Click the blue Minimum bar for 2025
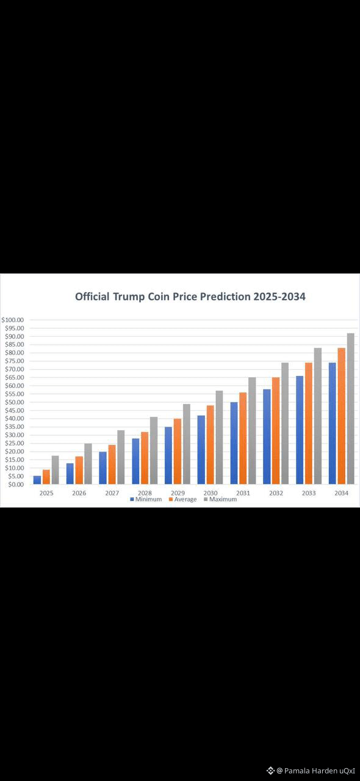tap(37, 480)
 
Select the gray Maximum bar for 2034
tap(351, 409)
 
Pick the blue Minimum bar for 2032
tap(267, 436)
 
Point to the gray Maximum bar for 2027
tap(121, 457)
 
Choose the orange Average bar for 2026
tap(79, 470)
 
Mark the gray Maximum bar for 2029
tap(187, 444)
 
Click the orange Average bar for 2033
tap(309, 423)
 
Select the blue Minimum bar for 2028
tap(135, 461)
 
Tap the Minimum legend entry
tap(146, 499)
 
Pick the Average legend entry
tap(183, 499)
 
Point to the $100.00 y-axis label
tap(13, 320)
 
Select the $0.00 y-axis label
tap(16, 484)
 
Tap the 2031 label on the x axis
tap(243, 493)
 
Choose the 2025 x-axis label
tap(46, 493)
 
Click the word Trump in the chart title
tap(128, 297)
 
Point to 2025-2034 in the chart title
tap(279, 297)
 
